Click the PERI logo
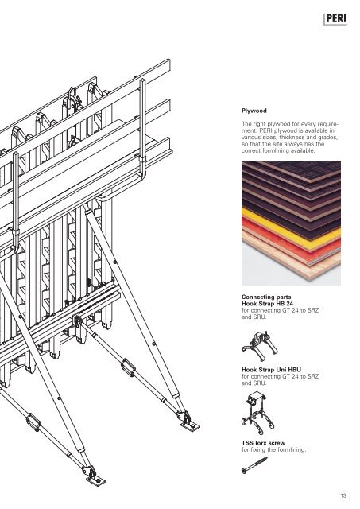335,19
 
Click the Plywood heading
254,111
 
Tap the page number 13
343,495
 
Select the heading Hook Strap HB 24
267,304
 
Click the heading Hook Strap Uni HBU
271,369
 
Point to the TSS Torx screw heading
263,443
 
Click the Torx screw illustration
254,465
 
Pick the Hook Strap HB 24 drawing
260,345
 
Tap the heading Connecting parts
266,297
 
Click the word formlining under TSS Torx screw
290,449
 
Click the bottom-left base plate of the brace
95,480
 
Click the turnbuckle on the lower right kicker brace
128,367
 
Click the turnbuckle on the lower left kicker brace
33,422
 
